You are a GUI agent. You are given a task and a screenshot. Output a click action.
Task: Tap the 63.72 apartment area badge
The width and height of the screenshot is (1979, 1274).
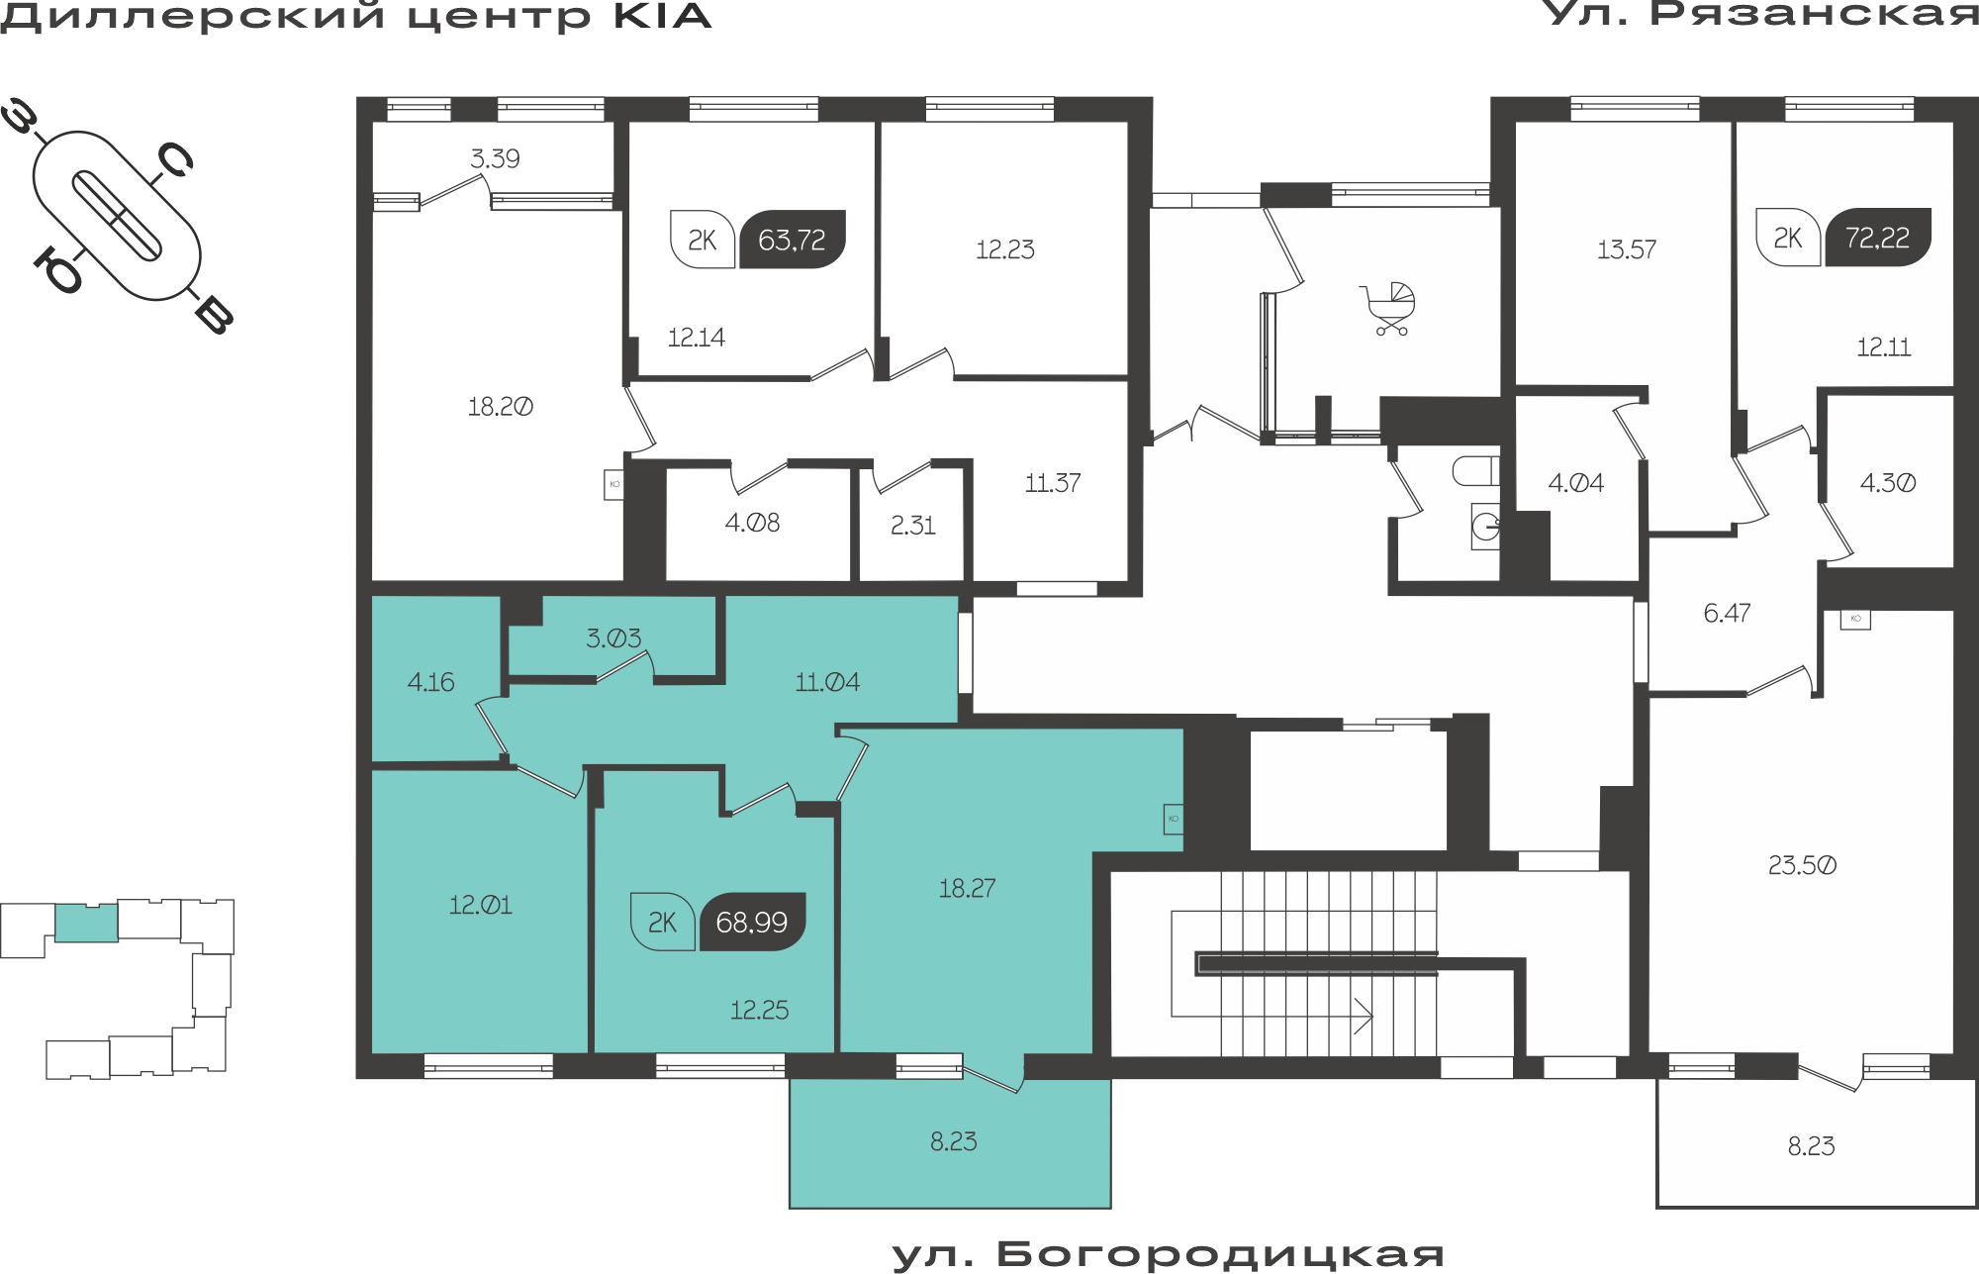click(x=793, y=240)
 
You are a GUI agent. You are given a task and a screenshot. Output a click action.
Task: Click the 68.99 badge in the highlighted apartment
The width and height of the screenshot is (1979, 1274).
click(x=752, y=922)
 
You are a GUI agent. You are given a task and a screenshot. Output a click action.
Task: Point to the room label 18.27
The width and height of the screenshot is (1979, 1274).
click(x=967, y=888)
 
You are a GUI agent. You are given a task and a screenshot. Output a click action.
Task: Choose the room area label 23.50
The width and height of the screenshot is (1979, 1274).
click(x=1802, y=865)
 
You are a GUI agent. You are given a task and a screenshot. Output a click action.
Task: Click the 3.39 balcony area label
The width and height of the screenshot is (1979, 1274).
click(x=495, y=158)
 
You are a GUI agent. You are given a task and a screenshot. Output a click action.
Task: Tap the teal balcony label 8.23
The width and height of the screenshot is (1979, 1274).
click(x=953, y=1141)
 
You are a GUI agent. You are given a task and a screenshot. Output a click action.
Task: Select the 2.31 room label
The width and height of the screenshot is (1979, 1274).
click(x=912, y=525)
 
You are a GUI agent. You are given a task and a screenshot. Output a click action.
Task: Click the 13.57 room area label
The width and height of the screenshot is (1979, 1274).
click(x=1627, y=249)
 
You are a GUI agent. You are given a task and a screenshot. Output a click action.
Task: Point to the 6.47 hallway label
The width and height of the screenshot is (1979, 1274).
click(x=1727, y=613)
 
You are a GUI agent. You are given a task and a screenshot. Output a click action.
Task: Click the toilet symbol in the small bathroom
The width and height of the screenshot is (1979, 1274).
click(x=1475, y=471)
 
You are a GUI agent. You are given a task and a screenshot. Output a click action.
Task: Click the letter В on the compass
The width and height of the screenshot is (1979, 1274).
click(x=214, y=315)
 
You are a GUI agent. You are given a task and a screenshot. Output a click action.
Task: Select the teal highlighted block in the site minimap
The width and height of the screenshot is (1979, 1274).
click(x=86, y=923)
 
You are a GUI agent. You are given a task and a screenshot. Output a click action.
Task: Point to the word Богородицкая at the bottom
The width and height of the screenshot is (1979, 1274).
click(x=1220, y=1254)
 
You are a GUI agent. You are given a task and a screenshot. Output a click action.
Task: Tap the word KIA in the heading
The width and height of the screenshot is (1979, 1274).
click(x=663, y=17)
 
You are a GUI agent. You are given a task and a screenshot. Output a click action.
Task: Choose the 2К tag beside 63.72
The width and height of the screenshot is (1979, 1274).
click(x=703, y=240)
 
